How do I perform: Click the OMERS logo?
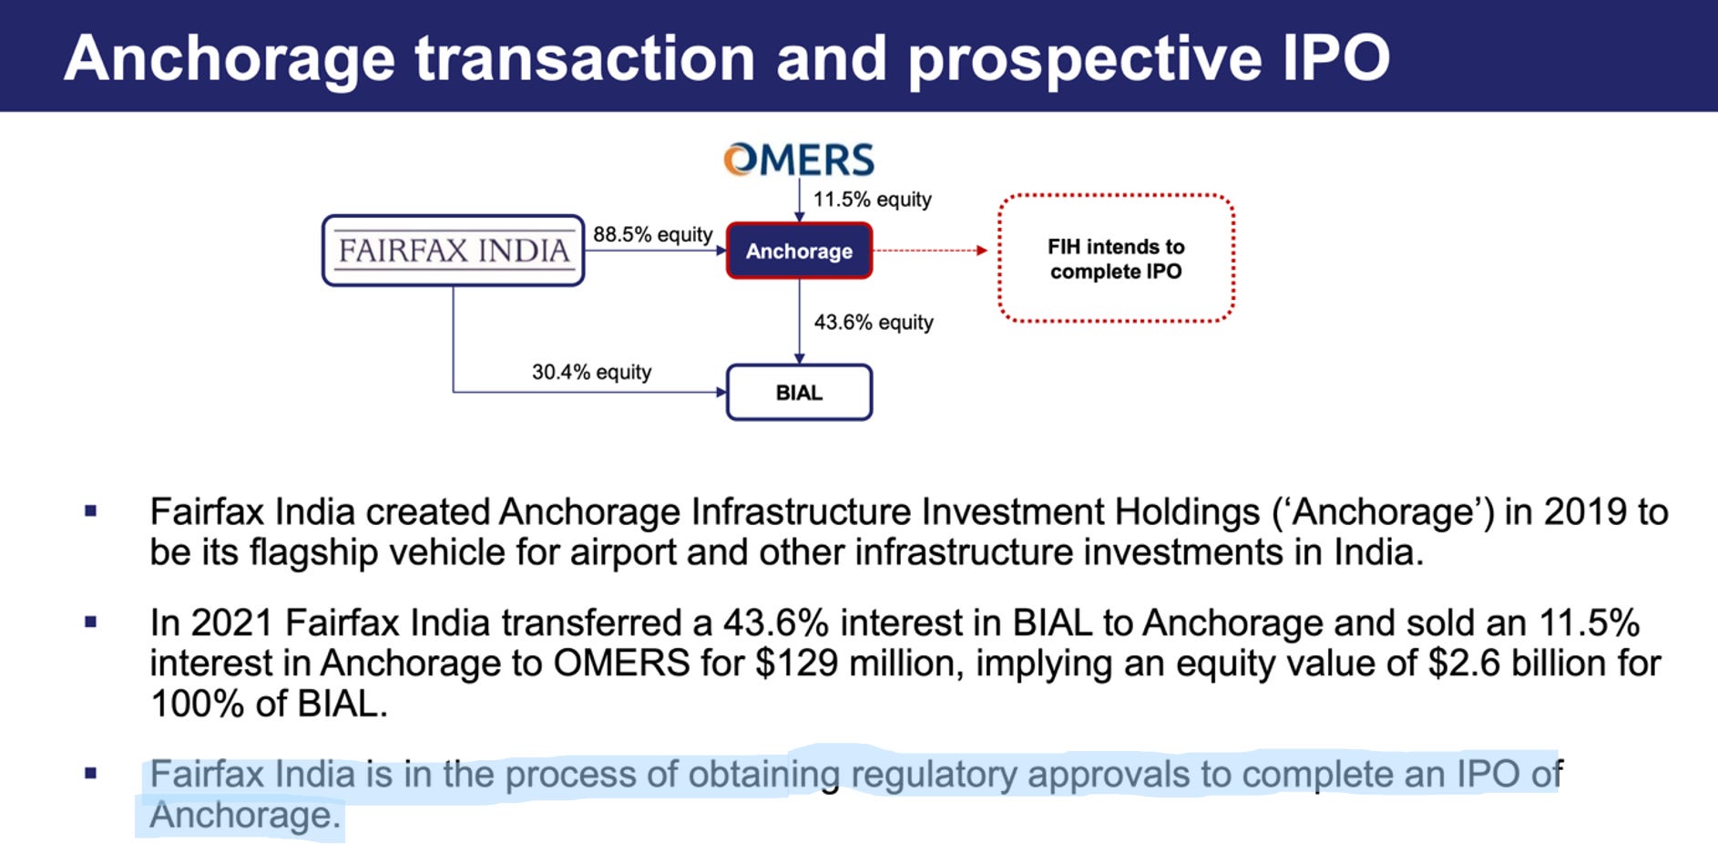(x=799, y=160)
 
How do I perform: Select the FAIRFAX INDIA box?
(x=453, y=251)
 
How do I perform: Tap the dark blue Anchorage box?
(x=799, y=251)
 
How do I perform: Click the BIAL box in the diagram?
(x=799, y=393)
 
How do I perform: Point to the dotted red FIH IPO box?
(x=1116, y=259)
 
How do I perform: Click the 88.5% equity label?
(x=652, y=234)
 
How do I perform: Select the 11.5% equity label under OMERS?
(x=872, y=200)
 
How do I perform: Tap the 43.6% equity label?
(x=874, y=323)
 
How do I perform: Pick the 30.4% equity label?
(x=591, y=372)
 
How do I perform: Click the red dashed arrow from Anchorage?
(x=930, y=251)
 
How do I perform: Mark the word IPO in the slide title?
(x=1336, y=58)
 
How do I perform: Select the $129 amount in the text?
(x=795, y=664)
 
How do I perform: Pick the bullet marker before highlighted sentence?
(x=90, y=774)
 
